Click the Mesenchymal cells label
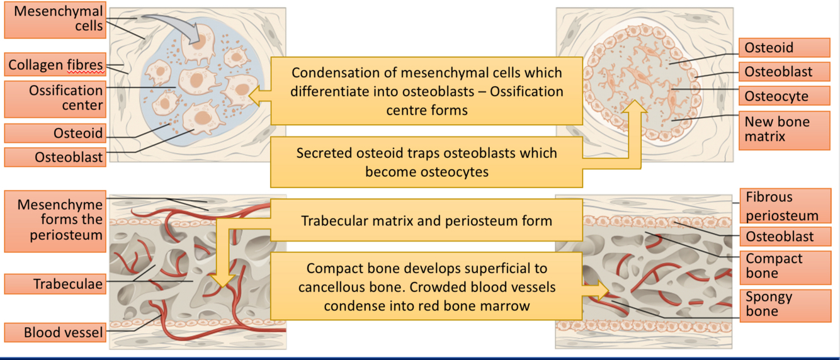tap(54, 19)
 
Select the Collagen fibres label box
tap(54, 65)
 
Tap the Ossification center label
tap(54, 98)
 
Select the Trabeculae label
tap(54, 284)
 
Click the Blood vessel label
tap(54, 332)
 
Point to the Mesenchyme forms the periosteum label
tap(54, 220)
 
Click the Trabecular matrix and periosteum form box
tap(426, 221)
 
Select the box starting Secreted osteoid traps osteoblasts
tap(426, 162)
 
